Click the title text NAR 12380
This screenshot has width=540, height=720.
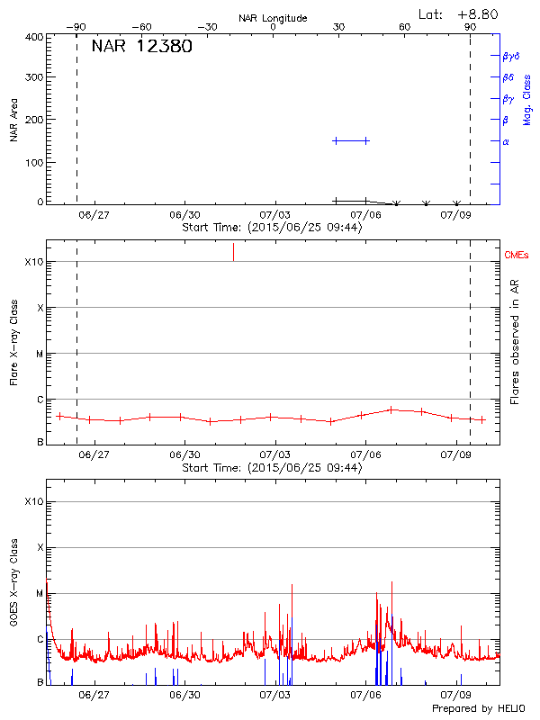[x=141, y=48]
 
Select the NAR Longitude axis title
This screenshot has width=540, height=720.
[x=273, y=17]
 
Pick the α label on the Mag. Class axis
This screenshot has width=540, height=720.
[x=506, y=141]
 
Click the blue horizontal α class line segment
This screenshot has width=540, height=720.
[x=351, y=140]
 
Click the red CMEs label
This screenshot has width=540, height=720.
[x=517, y=256]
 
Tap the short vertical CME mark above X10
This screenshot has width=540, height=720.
[x=234, y=251]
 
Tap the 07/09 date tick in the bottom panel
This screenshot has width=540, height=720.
[x=457, y=695]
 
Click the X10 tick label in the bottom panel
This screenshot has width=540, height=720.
[x=34, y=501]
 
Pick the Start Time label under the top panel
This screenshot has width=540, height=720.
[x=272, y=228]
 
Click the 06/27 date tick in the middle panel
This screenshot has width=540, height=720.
[x=94, y=455]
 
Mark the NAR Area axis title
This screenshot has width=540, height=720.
[x=13, y=121]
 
